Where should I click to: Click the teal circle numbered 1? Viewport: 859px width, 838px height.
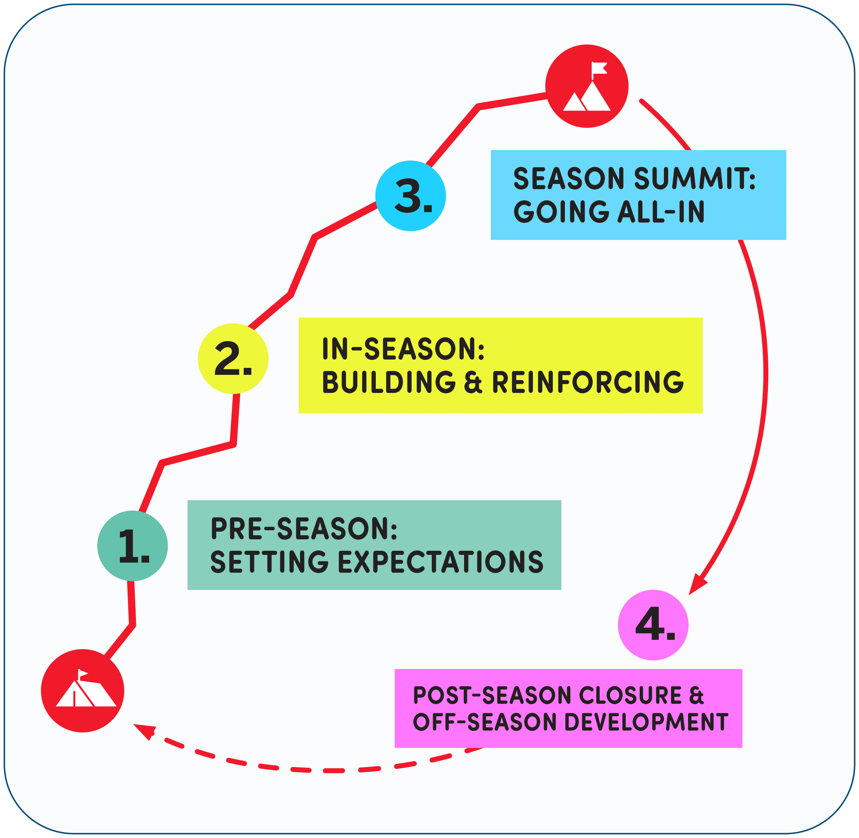[132, 546]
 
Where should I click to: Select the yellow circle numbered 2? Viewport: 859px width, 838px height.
[233, 359]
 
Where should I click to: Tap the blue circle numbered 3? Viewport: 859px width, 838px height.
[411, 196]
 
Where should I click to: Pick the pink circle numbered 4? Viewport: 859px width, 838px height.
[653, 625]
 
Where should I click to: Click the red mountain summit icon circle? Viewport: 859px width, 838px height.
[586, 86]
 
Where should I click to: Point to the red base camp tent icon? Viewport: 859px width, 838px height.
[83, 691]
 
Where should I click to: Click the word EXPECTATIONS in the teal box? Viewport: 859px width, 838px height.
[440, 562]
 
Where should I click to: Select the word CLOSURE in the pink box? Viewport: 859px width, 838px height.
[629, 695]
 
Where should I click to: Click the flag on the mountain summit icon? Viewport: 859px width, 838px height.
[599, 69]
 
